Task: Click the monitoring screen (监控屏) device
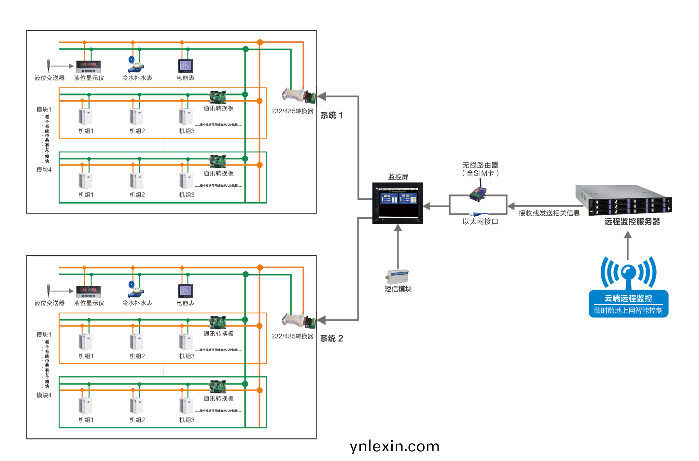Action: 398,203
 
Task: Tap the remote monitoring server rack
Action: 623,200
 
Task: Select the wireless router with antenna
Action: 478,192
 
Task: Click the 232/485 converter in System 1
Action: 298,96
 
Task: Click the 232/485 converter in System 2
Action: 298,321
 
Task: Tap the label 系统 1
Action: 331,115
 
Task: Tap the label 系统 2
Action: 331,339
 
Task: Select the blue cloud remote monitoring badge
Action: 628,304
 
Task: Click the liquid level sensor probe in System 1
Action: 49,65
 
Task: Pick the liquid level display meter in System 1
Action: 88,66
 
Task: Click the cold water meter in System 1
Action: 136,64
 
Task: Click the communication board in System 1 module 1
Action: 217,97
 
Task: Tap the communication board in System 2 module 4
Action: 217,386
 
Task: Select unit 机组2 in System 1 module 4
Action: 136,181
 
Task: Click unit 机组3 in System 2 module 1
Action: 186,342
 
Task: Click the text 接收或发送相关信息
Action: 549,213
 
